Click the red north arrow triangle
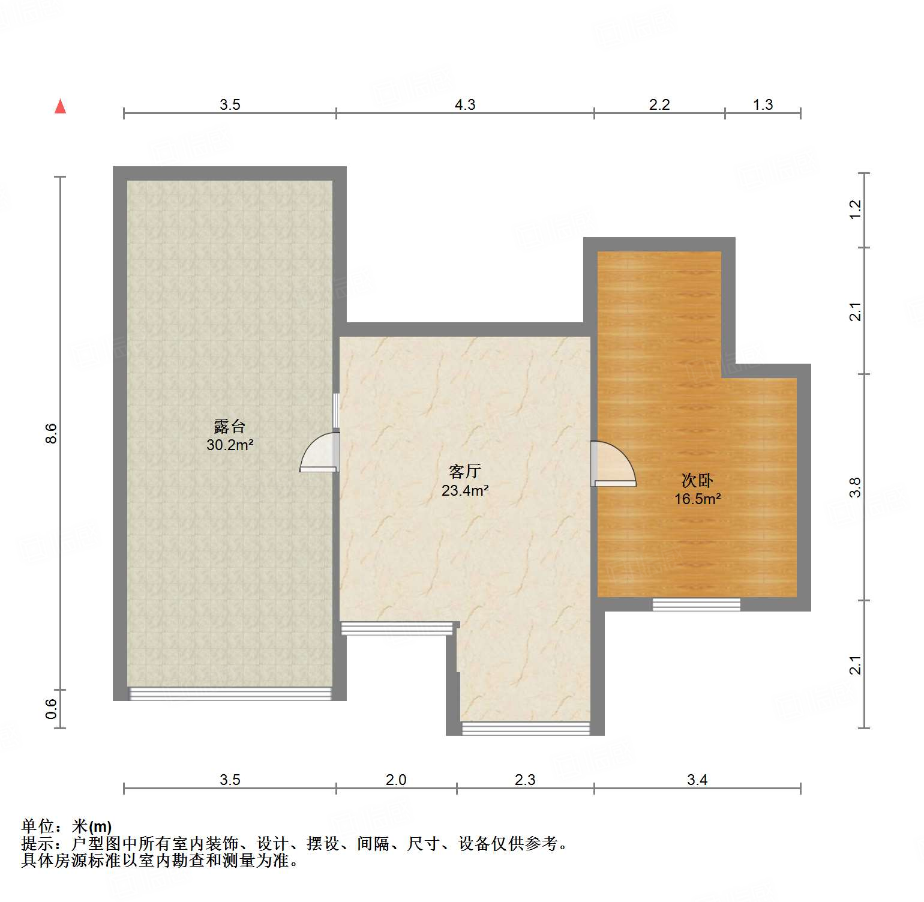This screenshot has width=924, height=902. pos(60,106)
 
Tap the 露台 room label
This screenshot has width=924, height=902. pos(230,427)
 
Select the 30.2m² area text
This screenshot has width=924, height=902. pos(230,445)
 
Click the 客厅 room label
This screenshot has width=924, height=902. pos(464,472)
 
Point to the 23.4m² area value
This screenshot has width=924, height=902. pos(465,490)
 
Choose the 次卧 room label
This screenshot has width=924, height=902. pos(697,480)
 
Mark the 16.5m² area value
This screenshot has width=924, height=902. pos(697,499)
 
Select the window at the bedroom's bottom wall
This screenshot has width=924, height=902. pos(696,604)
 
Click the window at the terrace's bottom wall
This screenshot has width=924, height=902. pos(230,694)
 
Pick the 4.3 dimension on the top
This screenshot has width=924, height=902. pos(464,105)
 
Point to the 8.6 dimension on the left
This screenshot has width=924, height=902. pos(52,433)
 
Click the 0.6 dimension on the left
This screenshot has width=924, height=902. pos(52,709)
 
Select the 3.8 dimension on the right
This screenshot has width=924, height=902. pos(855,487)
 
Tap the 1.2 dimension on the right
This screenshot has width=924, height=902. pos(855,209)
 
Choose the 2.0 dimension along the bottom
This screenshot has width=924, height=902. pos(395,780)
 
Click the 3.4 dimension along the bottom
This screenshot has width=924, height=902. pos(697,780)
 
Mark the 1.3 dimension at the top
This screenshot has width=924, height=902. pos(763,105)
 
